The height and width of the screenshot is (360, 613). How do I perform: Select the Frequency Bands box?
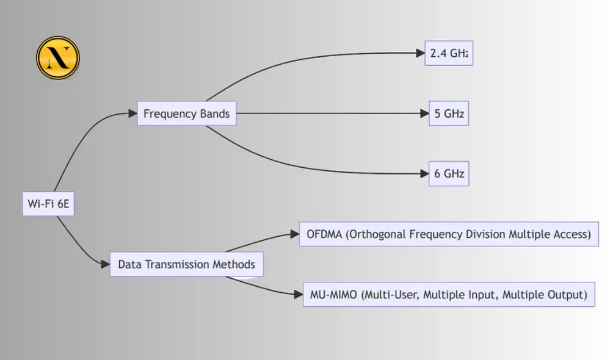point(186,113)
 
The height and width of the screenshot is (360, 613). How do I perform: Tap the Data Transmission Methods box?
point(186,265)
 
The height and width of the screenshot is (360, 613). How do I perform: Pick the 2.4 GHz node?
point(449,53)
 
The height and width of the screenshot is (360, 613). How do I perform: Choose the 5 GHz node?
point(449,113)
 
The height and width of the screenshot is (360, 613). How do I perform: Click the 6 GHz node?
point(449,174)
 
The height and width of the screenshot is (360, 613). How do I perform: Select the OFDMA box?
point(449,234)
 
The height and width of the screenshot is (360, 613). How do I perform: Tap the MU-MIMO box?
point(449,295)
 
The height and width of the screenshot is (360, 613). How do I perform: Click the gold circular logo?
point(58,58)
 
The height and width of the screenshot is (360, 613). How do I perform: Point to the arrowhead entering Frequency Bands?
point(132,113)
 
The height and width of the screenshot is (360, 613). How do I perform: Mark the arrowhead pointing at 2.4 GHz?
point(420,53)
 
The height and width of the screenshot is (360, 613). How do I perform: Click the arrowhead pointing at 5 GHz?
point(424,113)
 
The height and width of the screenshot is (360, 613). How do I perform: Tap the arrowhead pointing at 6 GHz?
point(424,174)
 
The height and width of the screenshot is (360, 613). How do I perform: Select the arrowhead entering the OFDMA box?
point(294,234)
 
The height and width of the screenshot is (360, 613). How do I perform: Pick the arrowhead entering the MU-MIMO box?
point(299,295)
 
